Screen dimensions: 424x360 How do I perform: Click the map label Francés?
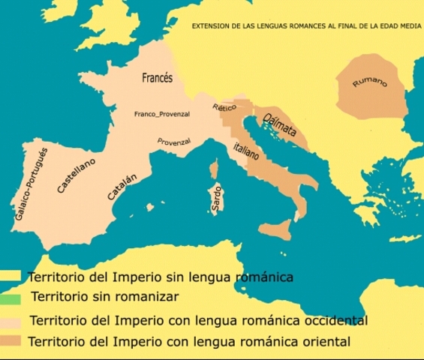(x=158, y=77)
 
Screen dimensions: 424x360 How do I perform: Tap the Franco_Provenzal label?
(x=161, y=114)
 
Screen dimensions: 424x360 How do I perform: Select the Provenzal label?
(x=174, y=141)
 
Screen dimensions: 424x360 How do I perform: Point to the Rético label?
(x=224, y=108)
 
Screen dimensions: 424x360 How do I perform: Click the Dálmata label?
(x=279, y=124)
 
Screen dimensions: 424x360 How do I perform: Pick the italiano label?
(x=245, y=150)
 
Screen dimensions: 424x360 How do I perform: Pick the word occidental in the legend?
(x=335, y=321)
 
